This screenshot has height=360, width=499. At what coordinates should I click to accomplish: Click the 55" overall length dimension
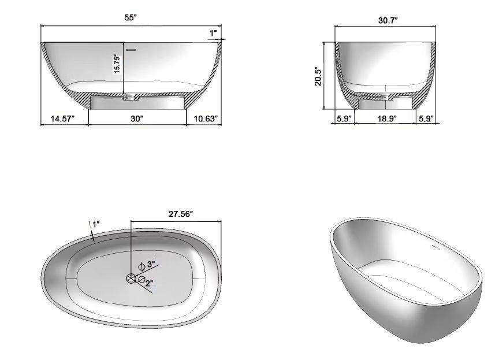(x=131, y=18)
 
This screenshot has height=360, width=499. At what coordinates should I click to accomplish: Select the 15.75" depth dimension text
(x=117, y=64)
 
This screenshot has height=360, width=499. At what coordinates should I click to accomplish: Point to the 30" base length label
(x=136, y=118)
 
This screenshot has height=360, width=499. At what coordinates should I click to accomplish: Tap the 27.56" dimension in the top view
(x=180, y=213)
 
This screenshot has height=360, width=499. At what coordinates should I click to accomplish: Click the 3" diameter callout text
(x=151, y=265)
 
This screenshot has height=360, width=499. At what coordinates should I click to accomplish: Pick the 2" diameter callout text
(x=148, y=283)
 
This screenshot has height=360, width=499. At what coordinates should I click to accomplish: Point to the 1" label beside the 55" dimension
(x=213, y=34)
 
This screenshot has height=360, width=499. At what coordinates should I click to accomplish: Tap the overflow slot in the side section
(x=132, y=50)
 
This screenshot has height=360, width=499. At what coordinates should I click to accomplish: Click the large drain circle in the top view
(x=132, y=279)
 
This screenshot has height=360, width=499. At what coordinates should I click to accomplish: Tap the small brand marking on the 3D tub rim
(x=437, y=244)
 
